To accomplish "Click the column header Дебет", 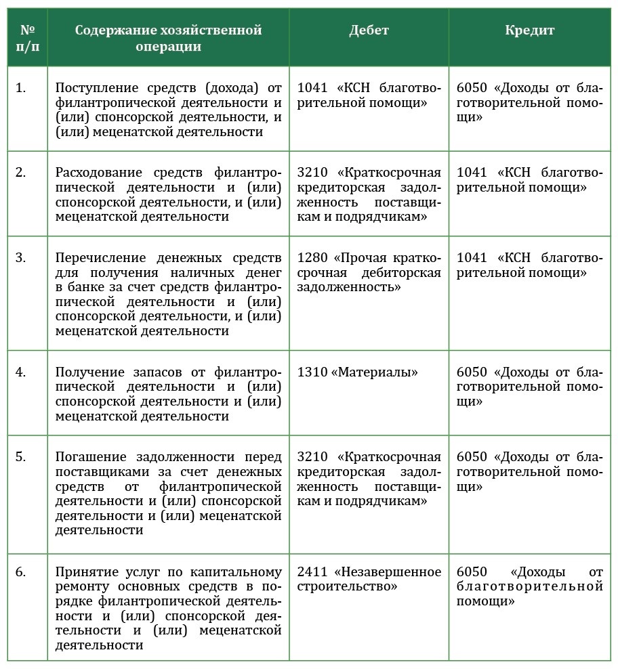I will point(369,30).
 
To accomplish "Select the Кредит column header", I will point(529,30).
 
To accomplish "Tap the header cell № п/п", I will point(28,38).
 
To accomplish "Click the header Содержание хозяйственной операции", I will point(168,38).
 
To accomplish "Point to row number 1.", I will point(21,88).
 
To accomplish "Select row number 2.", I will point(21,172).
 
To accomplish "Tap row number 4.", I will point(21,372).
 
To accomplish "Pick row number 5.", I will point(21,456).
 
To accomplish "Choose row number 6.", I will point(21,571).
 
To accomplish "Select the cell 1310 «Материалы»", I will point(358,372).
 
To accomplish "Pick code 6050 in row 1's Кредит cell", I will point(472,88).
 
